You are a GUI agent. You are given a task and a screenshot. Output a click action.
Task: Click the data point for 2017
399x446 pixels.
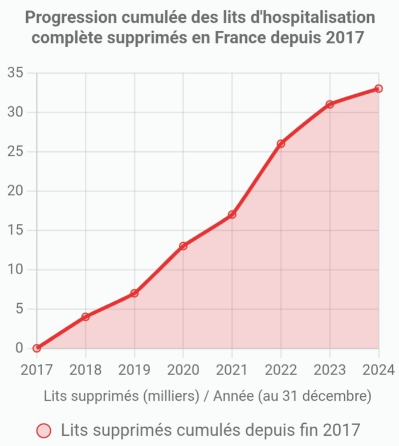pos(37,348)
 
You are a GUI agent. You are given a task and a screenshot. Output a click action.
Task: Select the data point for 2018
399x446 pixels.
pos(85,316)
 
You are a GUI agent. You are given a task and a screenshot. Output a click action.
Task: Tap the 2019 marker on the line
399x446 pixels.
pos(135,293)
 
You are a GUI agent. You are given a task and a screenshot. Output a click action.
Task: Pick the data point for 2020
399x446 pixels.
pos(183,246)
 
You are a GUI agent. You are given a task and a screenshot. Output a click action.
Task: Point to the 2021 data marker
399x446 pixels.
pos(232,215)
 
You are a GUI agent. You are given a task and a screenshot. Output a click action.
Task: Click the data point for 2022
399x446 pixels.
pos(281,144)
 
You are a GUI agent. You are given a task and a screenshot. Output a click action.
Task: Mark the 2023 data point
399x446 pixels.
pos(329,105)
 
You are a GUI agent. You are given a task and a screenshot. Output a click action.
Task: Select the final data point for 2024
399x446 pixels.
pos(378,89)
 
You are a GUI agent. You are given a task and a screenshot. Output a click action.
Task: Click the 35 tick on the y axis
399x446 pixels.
pos(15,73)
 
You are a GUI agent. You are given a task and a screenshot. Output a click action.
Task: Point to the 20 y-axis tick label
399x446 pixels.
pos(15,191)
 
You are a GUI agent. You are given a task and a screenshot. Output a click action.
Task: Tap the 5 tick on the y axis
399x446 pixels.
pos(19,308)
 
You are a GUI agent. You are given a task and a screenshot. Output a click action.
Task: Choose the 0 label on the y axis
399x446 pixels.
pos(19,348)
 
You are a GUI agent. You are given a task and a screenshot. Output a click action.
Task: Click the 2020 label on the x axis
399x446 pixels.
pos(183,369)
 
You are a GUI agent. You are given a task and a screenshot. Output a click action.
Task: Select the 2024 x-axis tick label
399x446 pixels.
pos(378,369)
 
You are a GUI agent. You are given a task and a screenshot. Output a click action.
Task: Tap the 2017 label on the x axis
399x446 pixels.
pos(37,369)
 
